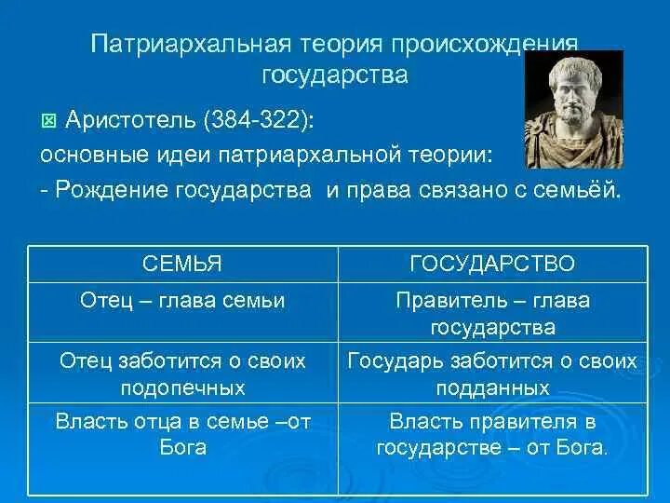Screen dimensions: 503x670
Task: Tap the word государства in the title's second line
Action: (335, 75)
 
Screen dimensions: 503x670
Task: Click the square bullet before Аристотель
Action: (49, 120)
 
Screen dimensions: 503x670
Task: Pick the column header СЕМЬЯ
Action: (182, 265)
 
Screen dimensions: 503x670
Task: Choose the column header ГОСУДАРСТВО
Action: (492, 265)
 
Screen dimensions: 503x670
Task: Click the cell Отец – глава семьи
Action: (182, 301)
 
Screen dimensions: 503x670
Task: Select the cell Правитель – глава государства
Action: (492, 314)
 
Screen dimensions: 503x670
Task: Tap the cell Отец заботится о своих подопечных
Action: (182, 374)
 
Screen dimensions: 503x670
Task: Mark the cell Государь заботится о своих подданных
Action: (492, 374)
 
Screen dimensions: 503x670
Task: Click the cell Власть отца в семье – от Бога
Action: (182, 434)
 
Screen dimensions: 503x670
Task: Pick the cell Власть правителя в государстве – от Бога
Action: (492, 434)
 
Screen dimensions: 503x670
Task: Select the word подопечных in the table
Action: (182, 387)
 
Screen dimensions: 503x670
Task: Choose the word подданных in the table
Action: (492, 387)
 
